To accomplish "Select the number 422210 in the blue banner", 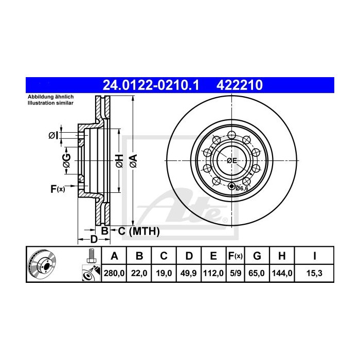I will click(x=242, y=84).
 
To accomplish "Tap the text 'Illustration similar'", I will click(x=51, y=103).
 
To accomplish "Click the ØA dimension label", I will click(x=133, y=160).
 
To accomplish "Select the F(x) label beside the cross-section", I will click(x=58, y=189).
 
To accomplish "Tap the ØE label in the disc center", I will click(x=231, y=160).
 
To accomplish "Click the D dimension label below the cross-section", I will click(x=94, y=239).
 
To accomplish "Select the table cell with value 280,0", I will click(x=115, y=273).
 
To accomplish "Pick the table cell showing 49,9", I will click(x=189, y=273).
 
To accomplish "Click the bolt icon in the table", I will click(x=91, y=255).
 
